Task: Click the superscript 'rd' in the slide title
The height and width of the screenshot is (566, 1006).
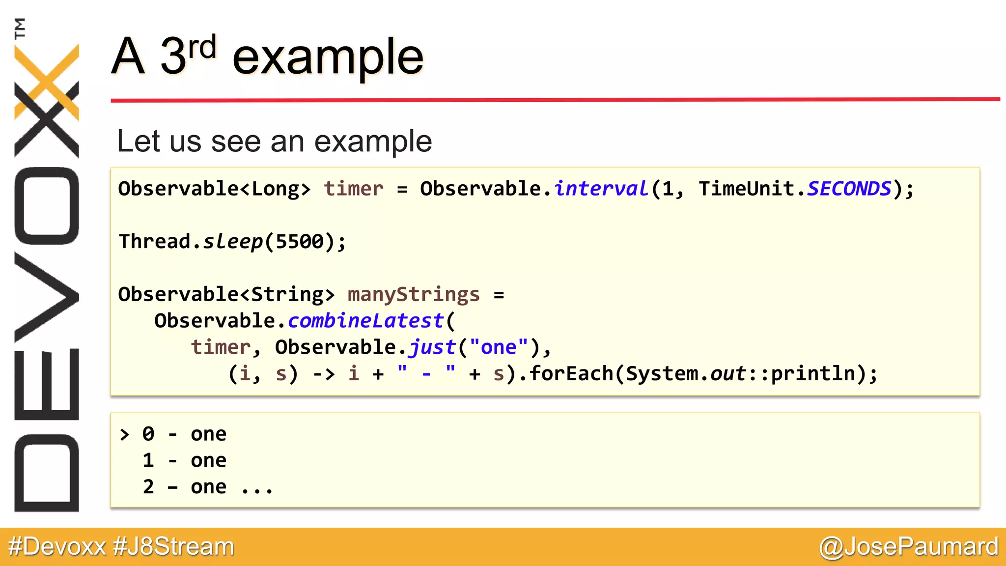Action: click(202, 48)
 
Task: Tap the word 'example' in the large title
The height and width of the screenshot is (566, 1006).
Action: click(328, 58)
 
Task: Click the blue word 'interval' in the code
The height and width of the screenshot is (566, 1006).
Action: click(601, 189)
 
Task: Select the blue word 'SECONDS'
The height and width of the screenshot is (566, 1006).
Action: click(849, 189)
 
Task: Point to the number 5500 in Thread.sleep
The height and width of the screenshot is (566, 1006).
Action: click(300, 242)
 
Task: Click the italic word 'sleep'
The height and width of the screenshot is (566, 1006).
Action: click(233, 242)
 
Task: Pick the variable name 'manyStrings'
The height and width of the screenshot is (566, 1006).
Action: click(414, 295)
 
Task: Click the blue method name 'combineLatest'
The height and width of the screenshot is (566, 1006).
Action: click(366, 321)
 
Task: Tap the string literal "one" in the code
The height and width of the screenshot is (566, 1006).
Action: click(499, 347)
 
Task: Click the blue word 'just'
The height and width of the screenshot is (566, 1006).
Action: click(432, 347)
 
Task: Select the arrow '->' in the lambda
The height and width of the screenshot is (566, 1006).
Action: click(324, 374)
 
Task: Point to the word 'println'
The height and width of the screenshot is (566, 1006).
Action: click(813, 374)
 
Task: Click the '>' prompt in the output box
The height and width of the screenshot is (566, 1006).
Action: click(125, 434)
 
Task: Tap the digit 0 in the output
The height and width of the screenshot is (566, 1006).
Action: click(148, 434)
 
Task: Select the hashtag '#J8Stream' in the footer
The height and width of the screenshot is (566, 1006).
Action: click(174, 547)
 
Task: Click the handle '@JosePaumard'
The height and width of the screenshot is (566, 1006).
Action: click(909, 547)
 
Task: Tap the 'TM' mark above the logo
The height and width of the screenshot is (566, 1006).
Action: click(20, 28)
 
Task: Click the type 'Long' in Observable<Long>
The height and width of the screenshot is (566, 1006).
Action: click(275, 189)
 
